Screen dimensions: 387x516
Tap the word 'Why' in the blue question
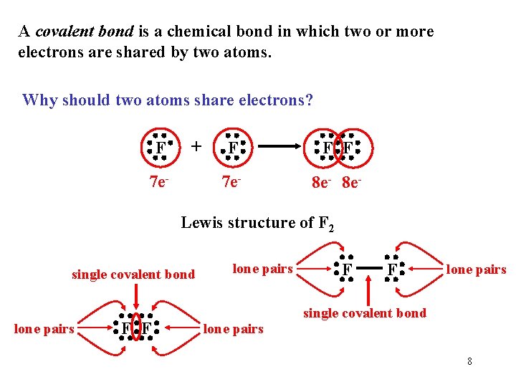pyautogui.click(x=37, y=100)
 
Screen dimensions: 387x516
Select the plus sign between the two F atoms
pyautogui.click(x=196, y=146)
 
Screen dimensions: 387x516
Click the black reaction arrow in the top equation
pyautogui.click(x=283, y=148)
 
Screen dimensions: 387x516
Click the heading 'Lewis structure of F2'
pyautogui.click(x=257, y=223)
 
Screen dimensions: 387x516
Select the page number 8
pyautogui.click(x=469, y=361)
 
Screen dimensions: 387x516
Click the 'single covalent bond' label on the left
pyautogui.click(x=133, y=274)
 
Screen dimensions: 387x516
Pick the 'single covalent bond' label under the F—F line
pyautogui.click(x=365, y=313)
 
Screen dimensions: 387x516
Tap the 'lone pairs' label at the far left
pyautogui.click(x=44, y=329)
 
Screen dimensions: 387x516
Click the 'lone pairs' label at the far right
pyautogui.click(x=476, y=269)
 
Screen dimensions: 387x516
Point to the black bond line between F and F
pyautogui.click(x=368, y=270)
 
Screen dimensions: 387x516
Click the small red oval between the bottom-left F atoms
pyautogui.click(x=136, y=328)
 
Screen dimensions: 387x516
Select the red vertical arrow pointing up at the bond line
pyautogui.click(x=368, y=290)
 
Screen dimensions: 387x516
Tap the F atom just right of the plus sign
pyautogui.click(x=234, y=148)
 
